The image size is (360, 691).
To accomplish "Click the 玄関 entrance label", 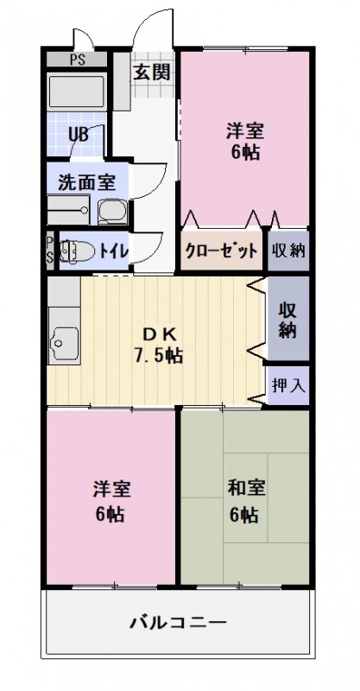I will coord(151,72).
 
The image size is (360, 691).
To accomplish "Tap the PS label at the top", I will coord(77,60).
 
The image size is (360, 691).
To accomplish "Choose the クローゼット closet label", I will coord(221,251).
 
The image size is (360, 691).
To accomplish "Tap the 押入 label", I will coord(288,385).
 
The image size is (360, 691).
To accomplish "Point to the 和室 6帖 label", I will coord(245,501).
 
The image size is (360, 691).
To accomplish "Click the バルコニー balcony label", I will coord(179,622).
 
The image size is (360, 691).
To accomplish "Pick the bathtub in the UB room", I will coord(76,93).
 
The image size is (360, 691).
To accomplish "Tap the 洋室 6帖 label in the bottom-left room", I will coord(111,501).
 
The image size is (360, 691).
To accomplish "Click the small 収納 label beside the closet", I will coord(288,251).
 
